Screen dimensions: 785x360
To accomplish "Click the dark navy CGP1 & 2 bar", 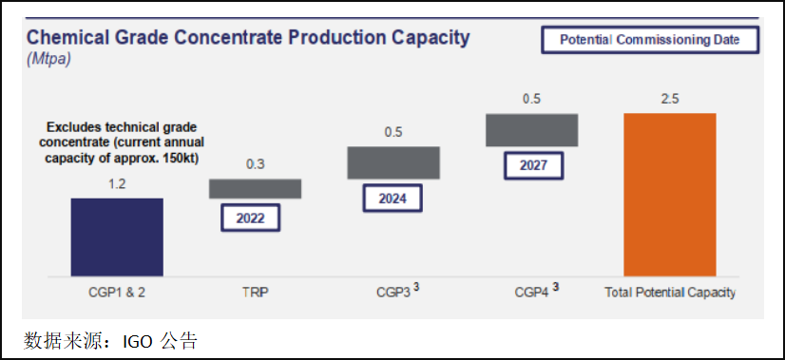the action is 117,237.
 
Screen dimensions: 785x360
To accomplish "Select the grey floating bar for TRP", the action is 256,189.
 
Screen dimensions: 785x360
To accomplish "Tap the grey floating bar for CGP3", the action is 393,162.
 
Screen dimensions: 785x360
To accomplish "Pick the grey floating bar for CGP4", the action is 531,130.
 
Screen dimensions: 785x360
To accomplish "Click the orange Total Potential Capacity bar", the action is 670,195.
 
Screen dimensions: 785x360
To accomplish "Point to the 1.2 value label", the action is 117,184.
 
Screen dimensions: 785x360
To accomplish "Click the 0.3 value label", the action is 256,164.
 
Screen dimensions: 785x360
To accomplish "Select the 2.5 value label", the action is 670,99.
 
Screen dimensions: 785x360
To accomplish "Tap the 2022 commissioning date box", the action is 250,218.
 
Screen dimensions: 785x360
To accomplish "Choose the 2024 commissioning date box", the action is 392,199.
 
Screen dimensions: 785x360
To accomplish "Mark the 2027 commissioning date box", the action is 534,165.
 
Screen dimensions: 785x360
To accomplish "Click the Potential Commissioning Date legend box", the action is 650,40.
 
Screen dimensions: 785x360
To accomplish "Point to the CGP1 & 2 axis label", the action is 117,293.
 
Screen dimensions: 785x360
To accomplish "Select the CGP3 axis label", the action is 397,291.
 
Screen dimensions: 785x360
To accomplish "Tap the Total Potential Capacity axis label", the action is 670,293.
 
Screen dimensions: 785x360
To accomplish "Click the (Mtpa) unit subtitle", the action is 48,59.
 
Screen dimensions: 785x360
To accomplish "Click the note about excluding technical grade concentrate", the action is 122,142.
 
